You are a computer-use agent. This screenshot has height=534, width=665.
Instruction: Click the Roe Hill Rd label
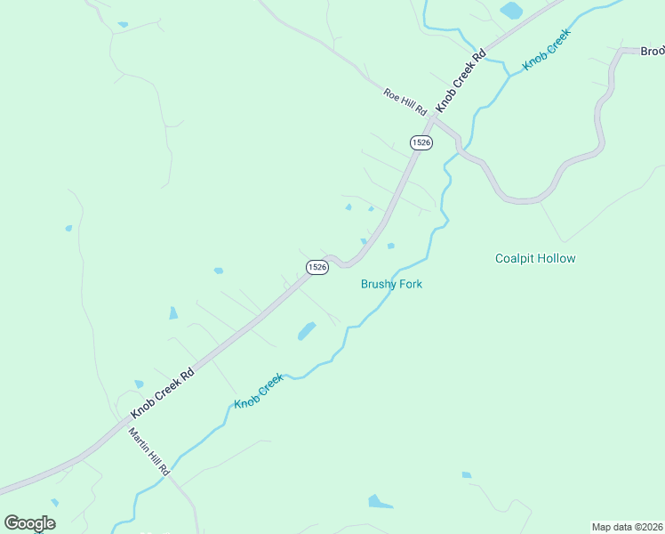[x=405, y=99]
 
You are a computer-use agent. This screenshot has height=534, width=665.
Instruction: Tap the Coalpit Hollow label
[x=535, y=259]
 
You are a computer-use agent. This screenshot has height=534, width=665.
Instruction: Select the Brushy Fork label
[x=391, y=285]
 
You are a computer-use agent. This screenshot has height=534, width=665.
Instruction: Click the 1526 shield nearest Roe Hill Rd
[x=421, y=142]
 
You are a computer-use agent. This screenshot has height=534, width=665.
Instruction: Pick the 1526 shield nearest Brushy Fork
[x=318, y=266]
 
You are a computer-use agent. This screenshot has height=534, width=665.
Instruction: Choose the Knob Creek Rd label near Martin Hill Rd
[x=163, y=394]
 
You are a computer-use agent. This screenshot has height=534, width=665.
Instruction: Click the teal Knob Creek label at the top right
[x=546, y=50]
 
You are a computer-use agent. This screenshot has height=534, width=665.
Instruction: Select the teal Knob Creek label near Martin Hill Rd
[x=259, y=391]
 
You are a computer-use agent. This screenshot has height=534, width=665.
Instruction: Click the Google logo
[x=29, y=523]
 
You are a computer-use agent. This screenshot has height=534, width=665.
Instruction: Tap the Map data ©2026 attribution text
[x=627, y=527]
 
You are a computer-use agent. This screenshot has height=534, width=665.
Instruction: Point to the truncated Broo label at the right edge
[x=653, y=52]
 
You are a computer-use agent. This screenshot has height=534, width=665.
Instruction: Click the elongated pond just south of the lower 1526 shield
[x=307, y=330]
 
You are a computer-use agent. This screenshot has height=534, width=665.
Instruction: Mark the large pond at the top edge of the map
[x=511, y=11]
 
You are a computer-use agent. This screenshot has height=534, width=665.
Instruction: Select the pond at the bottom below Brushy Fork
[x=380, y=502]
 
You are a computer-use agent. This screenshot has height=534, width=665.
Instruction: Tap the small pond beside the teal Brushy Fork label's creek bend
[x=390, y=246]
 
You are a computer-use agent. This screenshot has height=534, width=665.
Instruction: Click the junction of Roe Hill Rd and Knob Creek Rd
[x=433, y=117]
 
